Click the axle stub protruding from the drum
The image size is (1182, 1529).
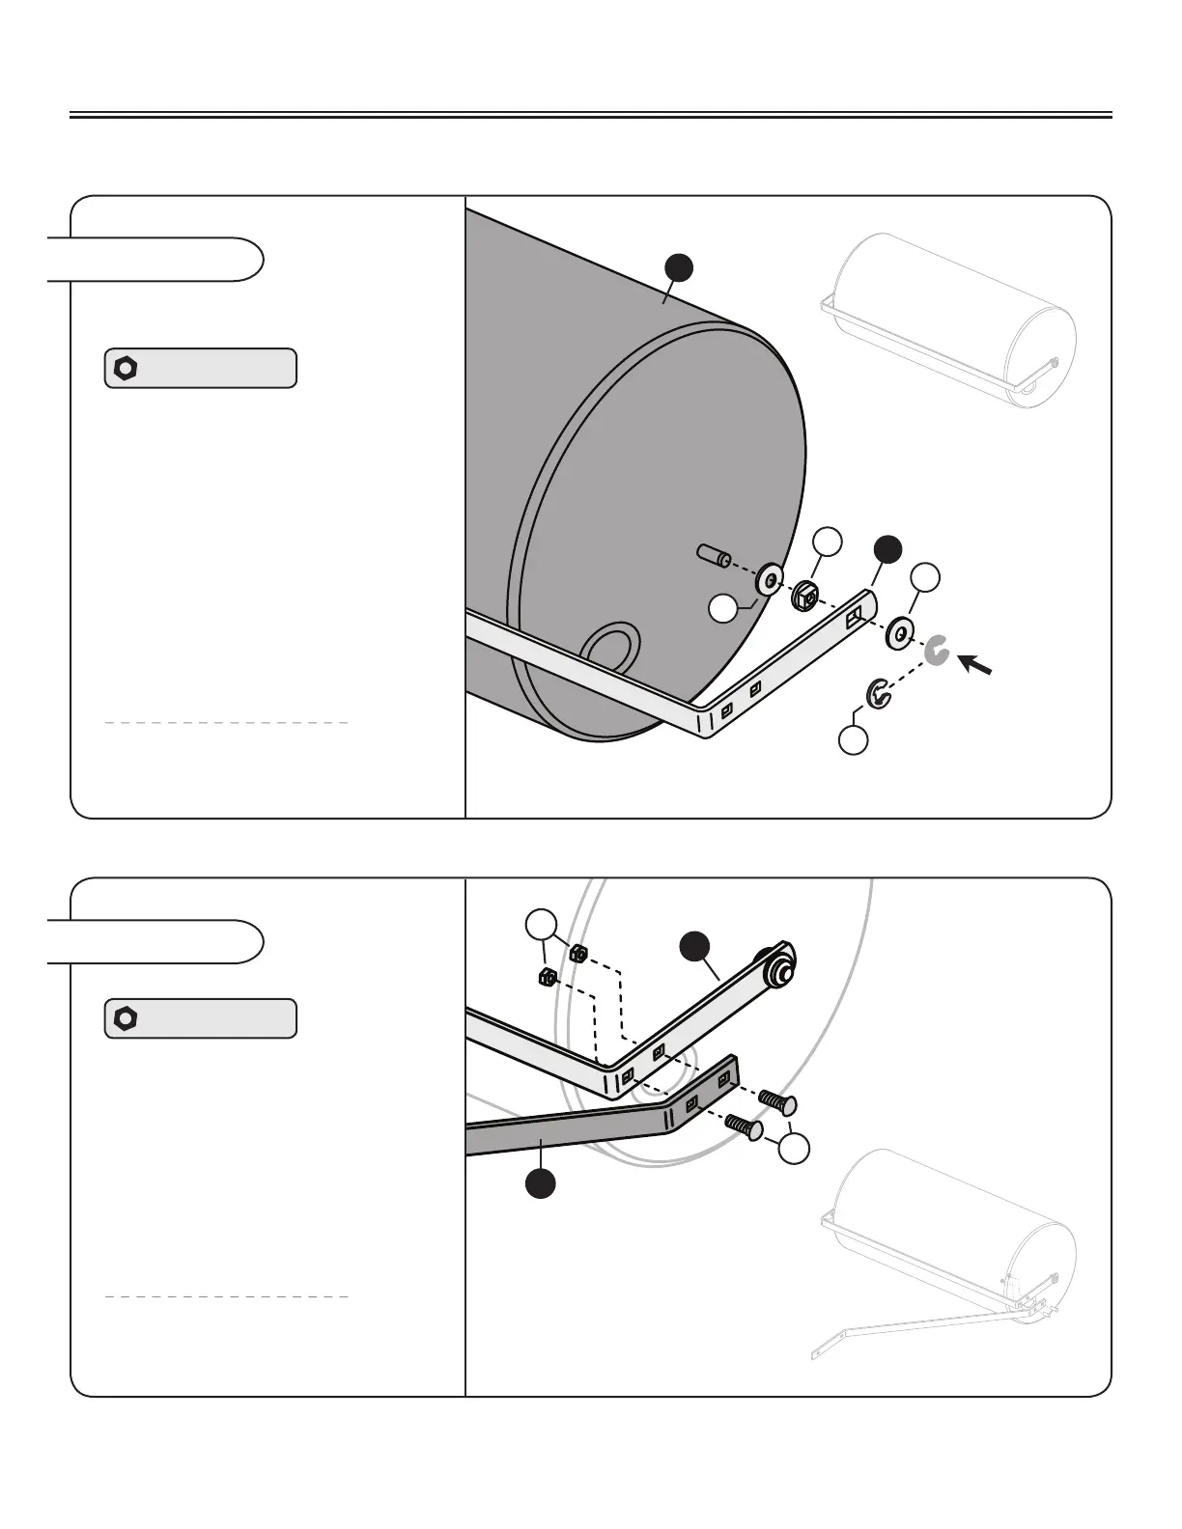tap(713, 556)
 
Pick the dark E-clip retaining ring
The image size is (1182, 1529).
tap(878, 695)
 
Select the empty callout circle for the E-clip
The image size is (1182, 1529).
tap(853, 740)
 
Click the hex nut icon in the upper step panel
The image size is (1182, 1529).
tap(126, 368)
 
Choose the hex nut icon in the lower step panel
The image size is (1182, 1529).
tap(126, 1018)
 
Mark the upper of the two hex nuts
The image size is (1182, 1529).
tap(577, 953)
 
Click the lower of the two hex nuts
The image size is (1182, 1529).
tap(545, 977)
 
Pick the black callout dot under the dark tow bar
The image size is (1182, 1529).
tap(542, 1183)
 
